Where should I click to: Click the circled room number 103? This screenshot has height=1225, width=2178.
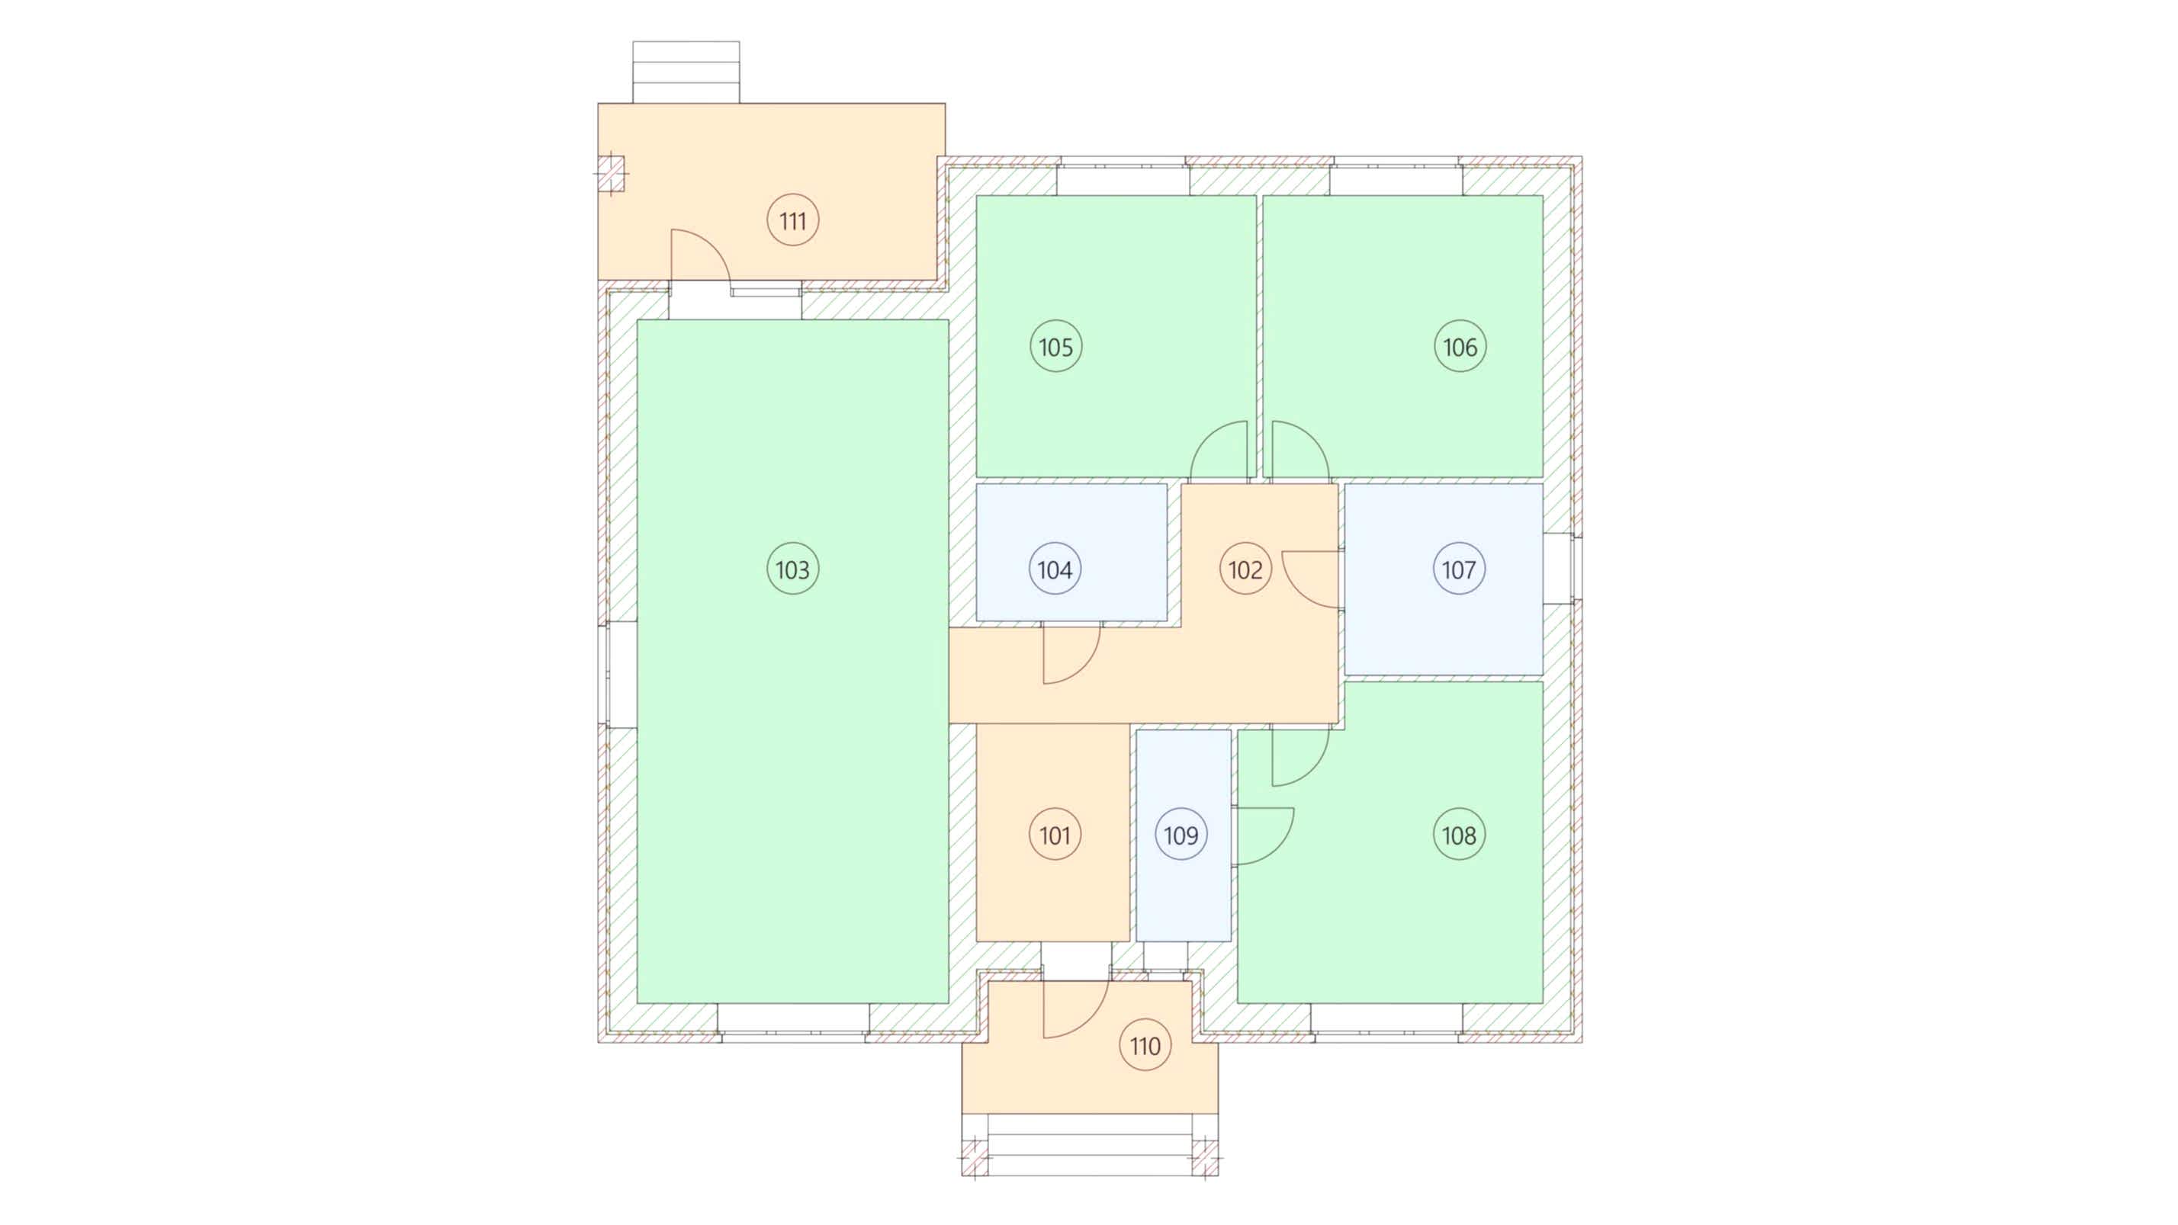[792, 569]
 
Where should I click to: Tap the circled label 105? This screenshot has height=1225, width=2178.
[1056, 347]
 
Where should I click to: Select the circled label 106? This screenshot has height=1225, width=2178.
[1460, 347]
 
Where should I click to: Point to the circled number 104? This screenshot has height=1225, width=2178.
[1055, 569]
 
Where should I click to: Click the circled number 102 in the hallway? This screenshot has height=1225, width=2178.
[1245, 569]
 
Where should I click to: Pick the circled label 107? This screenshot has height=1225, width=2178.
[1460, 569]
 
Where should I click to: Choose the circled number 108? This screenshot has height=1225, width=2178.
[1460, 835]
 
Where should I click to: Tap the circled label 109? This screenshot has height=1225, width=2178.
[1181, 835]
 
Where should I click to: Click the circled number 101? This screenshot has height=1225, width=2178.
[1055, 835]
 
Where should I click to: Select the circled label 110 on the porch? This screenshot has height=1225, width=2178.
[1145, 1046]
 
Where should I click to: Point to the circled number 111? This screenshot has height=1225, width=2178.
[792, 220]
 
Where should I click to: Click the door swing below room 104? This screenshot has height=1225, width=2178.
[1083, 667]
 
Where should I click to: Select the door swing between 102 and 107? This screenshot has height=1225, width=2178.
[1299, 591]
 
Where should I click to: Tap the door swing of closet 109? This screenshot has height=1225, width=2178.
[1277, 848]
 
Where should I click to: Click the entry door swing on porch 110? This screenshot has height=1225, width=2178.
[1091, 1021]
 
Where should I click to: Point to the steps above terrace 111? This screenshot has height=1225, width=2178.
[686, 72]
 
